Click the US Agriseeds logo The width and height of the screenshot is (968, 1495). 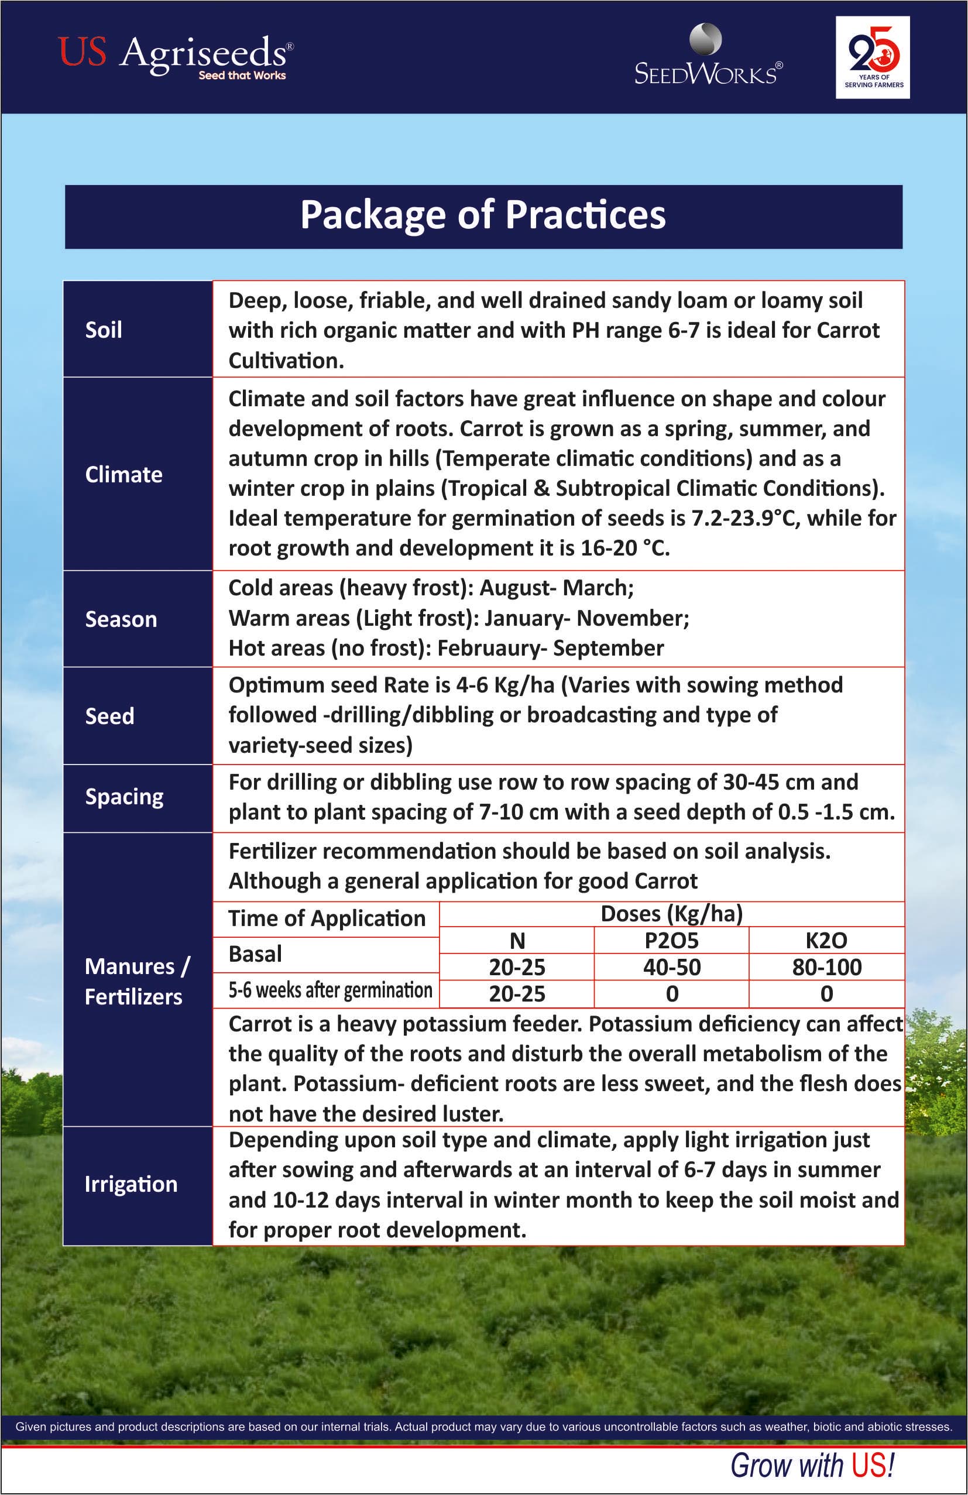tap(175, 57)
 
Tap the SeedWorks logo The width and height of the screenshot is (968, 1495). tap(708, 57)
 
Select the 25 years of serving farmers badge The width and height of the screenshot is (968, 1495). tap(873, 57)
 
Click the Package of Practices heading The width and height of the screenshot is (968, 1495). tap(483, 215)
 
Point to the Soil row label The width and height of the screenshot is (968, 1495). tap(104, 330)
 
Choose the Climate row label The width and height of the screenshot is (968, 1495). tap(123, 474)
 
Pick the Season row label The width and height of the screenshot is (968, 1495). tap(121, 619)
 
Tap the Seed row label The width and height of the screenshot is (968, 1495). tap(110, 716)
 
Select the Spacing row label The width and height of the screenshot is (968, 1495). tap(125, 797)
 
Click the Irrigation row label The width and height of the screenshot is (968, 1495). tap(131, 1184)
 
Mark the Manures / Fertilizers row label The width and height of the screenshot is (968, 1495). tap(136, 981)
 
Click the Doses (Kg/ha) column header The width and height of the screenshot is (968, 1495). tap(671, 914)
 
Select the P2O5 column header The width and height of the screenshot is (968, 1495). tap(671, 940)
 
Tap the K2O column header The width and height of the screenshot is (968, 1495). tap(827, 940)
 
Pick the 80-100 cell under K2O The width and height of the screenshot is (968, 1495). tap(827, 968)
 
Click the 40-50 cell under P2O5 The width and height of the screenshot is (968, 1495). tap(671, 968)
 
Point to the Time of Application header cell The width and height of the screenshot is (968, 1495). tap(327, 918)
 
